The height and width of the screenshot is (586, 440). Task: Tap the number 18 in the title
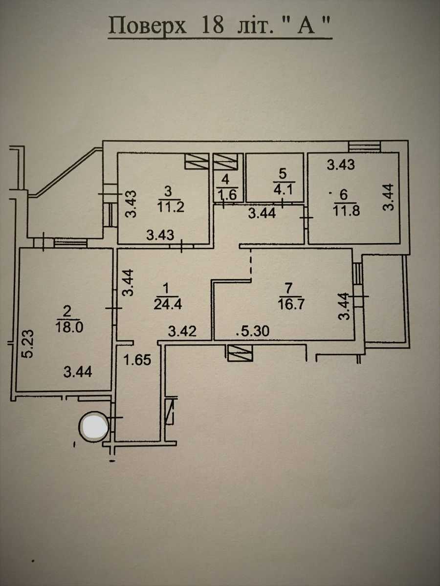pos(213,25)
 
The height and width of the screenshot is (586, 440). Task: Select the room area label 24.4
pos(168,304)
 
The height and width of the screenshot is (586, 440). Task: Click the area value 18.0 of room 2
pos(69,327)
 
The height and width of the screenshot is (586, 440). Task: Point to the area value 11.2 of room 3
pos(171,207)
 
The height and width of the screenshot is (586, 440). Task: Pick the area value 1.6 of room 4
pos(228,195)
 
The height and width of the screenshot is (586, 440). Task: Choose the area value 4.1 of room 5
pos(283,190)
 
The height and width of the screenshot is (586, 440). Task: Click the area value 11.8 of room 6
pos(347,210)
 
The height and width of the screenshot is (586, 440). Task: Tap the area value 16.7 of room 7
pos(291,304)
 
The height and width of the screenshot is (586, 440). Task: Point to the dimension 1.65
pos(137,360)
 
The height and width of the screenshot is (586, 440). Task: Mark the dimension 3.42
pos(182,332)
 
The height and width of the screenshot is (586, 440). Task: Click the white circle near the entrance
pos(94,426)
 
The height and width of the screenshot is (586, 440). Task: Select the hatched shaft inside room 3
pos(197,161)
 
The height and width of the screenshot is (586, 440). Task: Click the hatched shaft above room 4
pos(226,162)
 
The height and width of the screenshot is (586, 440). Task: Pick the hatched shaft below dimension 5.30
pos(240,353)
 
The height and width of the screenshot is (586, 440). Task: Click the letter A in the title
pos(307,26)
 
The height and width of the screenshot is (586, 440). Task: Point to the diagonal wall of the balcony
pos(66,172)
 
